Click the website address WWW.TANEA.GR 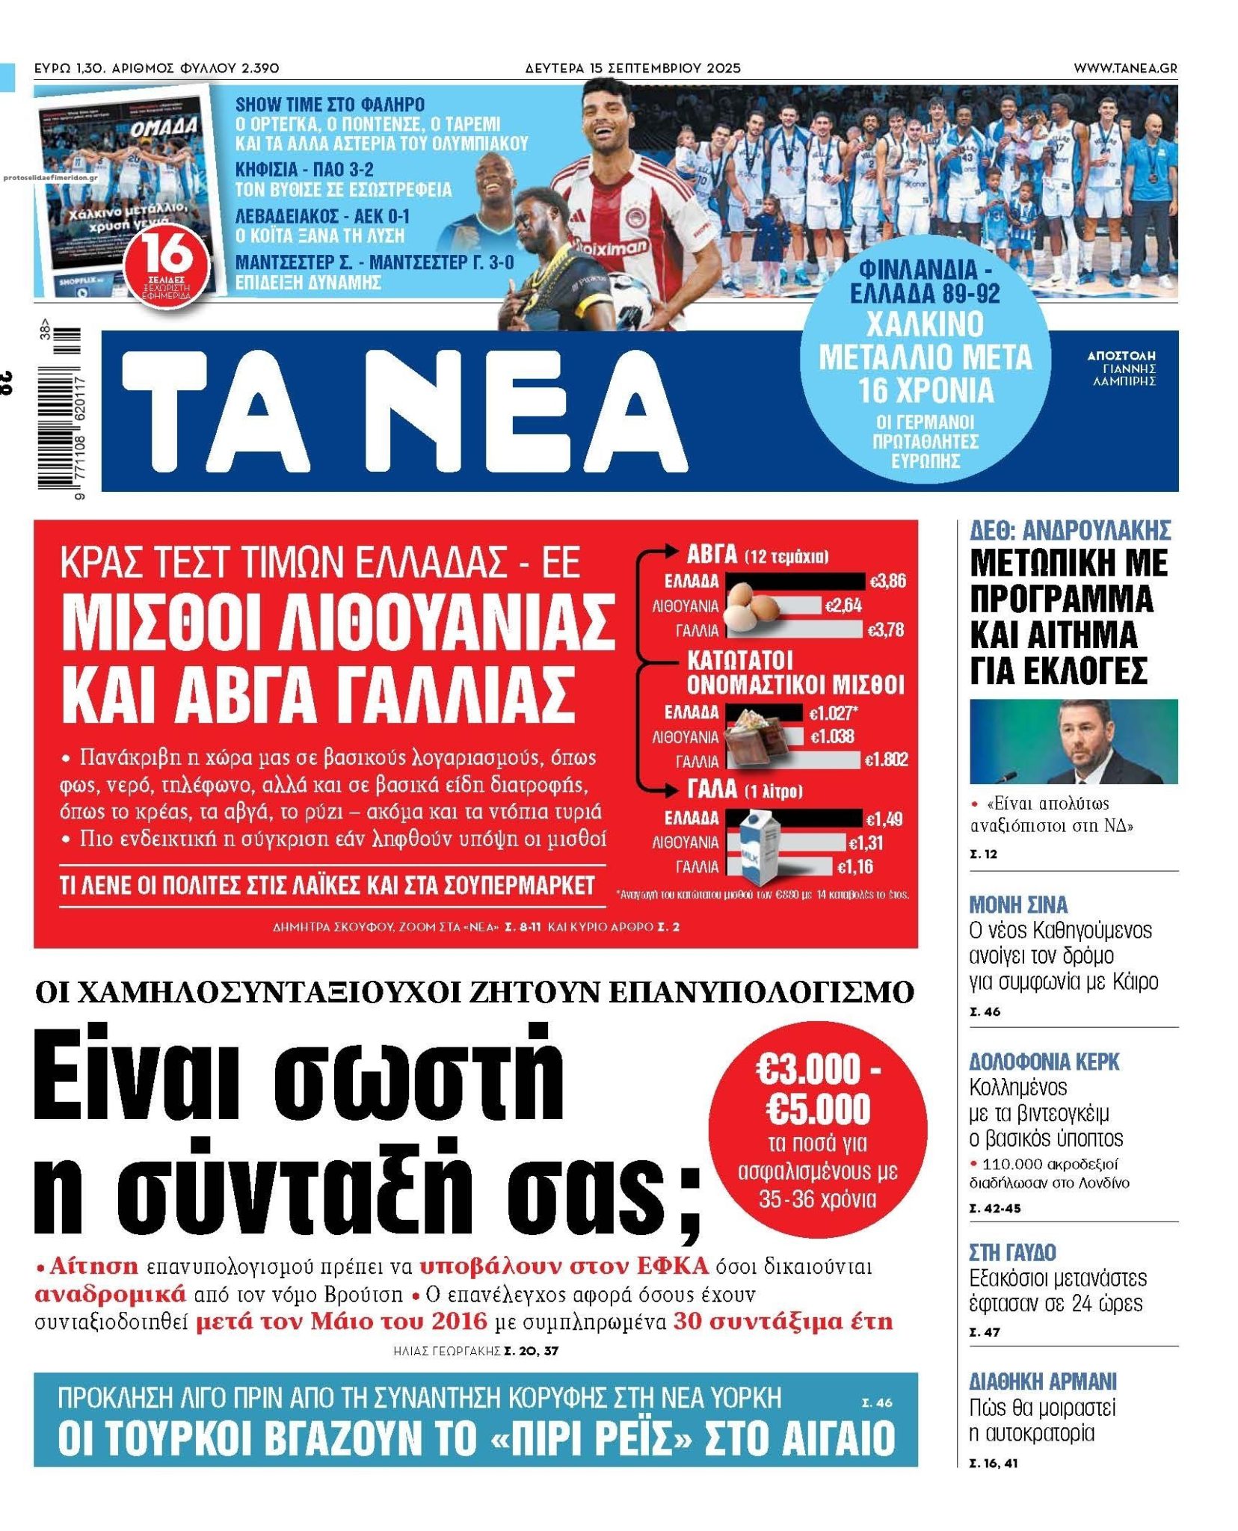tap(1124, 68)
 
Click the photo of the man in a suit tap(1073, 741)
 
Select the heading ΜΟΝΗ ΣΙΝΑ tap(1018, 905)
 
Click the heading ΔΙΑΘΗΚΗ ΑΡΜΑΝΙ tap(1042, 1381)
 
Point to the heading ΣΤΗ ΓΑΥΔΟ tap(1012, 1251)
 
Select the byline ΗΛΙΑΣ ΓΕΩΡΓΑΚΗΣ tap(446, 1351)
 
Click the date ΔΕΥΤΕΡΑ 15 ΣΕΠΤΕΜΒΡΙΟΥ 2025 tap(632, 68)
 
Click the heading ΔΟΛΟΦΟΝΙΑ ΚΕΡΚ tap(1044, 1062)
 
